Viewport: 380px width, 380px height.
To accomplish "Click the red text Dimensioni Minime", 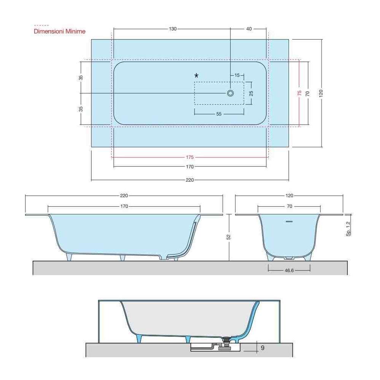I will (x=60, y=31).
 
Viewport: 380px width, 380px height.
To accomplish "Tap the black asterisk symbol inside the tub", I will (x=196, y=76).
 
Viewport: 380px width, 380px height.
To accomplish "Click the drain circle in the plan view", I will (x=230, y=93).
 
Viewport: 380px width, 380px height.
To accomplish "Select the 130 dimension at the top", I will (x=173, y=29).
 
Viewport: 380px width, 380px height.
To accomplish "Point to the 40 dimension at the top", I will (x=249, y=29).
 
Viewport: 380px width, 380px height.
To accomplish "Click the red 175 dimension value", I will (x=190, y=157).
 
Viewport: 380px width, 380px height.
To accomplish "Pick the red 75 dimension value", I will (x=299, y=93).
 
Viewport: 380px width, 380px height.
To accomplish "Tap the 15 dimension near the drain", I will (x=237, y=75).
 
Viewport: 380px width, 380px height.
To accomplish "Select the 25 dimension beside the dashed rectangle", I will (x=251, y=93).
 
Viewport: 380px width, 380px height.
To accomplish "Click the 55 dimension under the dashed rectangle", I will (x=219, y=114).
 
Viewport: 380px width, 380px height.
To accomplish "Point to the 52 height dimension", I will (x=229, y=237).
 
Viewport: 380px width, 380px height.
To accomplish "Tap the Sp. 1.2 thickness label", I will (x=348, y=229).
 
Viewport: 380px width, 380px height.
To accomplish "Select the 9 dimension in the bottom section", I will (x=263, y=347).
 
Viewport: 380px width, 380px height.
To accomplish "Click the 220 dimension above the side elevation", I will (x=124, y=196).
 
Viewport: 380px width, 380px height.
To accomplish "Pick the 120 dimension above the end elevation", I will (x=289, y=196).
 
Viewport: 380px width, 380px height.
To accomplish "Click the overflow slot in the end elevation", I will (x=289, y=221).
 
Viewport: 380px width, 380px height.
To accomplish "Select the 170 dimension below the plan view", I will (x=190, y=166).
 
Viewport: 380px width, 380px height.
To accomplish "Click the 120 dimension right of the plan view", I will (x=321, y=93).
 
